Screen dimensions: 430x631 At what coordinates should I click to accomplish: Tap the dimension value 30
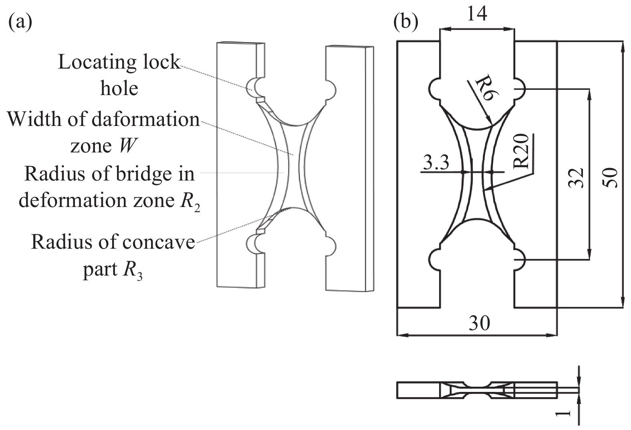pyautogui.click(x=479, y=322)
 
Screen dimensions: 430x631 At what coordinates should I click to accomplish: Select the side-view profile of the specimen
pyautogui.click(x=477, y=390)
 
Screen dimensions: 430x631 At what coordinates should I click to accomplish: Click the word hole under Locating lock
pyautogui.click(x=119, y=88)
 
